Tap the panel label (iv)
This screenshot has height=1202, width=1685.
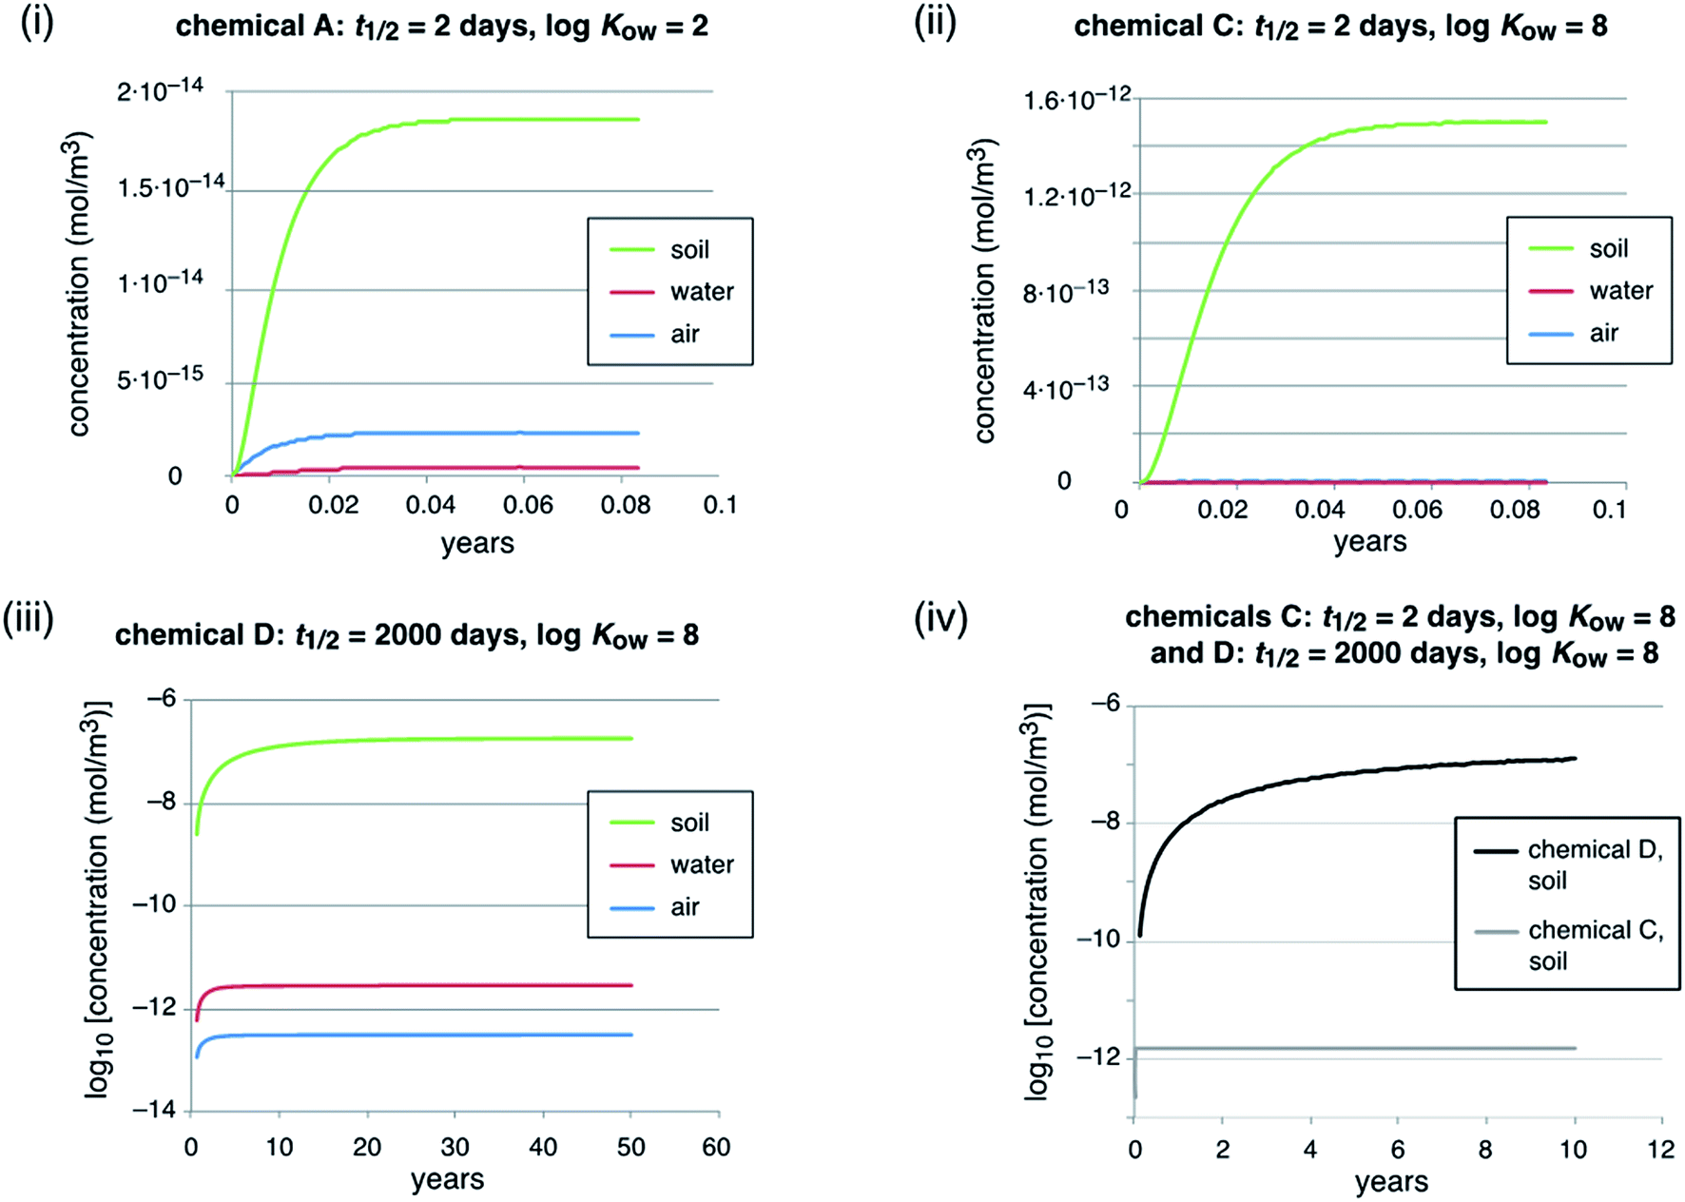click(x=940, y=619)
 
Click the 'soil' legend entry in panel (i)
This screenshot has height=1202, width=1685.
click(x=688, y=249)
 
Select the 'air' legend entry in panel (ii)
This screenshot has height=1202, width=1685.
click(x=1603, y=333)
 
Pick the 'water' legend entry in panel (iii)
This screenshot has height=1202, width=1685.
click(x=701, y=864)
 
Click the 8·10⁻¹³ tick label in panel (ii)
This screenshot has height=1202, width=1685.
click(x=1065, y=291)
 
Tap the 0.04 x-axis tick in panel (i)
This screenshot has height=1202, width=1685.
click(x=430, y=504)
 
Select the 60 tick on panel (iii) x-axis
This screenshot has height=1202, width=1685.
click(x=716, y=1147)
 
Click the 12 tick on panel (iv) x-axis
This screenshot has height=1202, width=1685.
click(x=1660, y=1149)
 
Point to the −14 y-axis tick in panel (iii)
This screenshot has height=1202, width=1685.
click(x=154, y=1110)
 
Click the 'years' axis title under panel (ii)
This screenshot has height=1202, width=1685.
click(x=1369, y=541)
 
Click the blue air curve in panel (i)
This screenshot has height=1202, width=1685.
click(x=475, y=434)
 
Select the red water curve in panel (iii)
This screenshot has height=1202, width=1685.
click(x=428, y=985)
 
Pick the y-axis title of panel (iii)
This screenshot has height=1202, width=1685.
click(x=97, y=899)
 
